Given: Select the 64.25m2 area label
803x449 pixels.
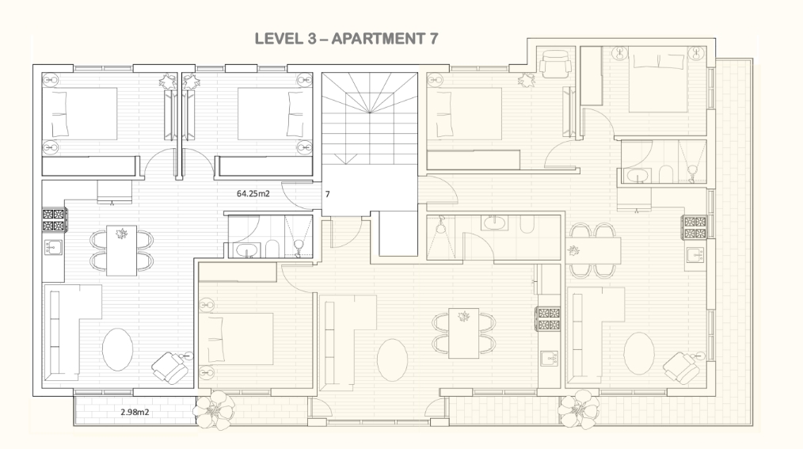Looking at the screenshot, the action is pos(253,193).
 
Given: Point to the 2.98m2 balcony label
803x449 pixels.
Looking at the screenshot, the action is pos(135,412).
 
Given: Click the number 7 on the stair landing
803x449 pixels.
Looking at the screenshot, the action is pos(328,195).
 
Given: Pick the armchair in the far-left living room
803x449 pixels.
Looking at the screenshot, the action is pos(170,367).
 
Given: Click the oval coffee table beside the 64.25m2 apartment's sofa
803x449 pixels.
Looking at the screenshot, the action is pos(118,349).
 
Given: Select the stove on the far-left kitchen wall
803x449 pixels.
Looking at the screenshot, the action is pos(54,220).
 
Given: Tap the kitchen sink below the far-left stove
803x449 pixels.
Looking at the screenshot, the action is pos(53,248).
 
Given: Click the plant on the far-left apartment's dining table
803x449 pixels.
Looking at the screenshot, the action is pos(122,234).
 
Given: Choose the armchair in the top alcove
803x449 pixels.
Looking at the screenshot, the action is pos(556,64).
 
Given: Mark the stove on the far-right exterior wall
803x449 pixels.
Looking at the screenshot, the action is pos(695,228).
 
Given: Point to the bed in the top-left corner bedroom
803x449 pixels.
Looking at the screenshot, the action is pos(79,114).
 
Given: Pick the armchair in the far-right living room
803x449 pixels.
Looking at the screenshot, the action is pos(682,367).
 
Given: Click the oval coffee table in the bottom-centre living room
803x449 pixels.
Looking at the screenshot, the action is pos(392,360).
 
